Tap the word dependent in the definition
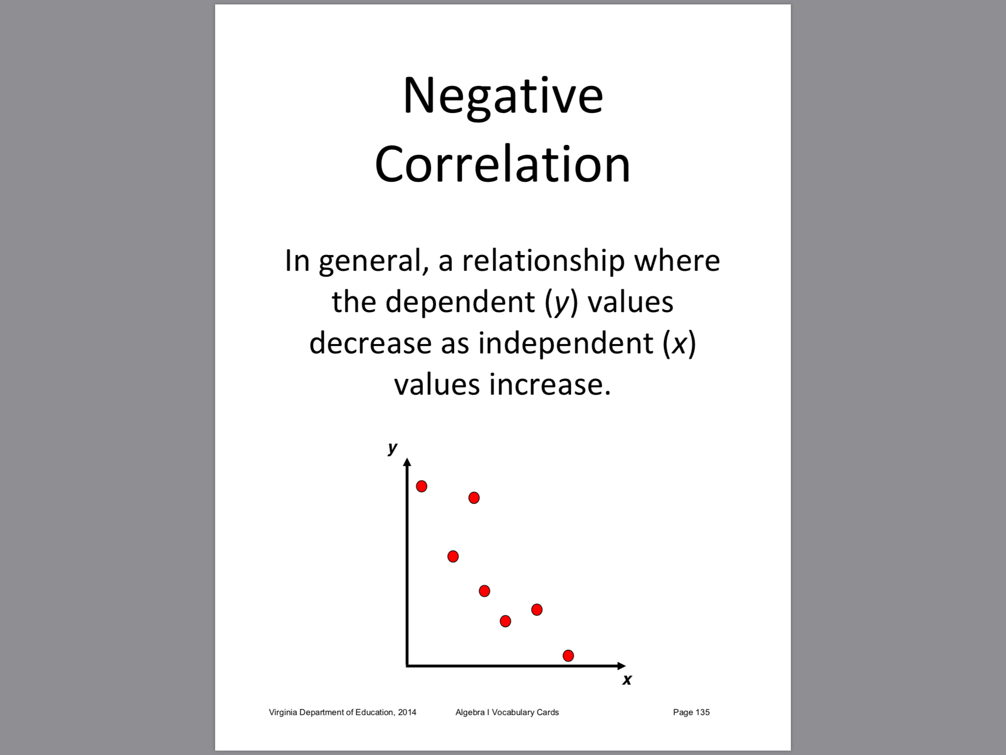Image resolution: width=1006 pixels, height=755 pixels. tap(460, 302)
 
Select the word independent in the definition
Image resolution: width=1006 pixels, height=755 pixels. tap(566, 343)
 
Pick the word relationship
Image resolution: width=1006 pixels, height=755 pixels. tap(543, 261)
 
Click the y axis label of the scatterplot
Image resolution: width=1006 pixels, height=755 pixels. tap(392, 448)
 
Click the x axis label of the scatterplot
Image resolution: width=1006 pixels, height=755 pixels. tap(627, 680)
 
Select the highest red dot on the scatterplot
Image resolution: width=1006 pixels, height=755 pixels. tap(421, 486)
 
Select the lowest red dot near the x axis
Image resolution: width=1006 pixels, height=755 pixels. tap(568, 656)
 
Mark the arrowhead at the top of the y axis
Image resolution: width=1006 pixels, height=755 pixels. tap(407, 462)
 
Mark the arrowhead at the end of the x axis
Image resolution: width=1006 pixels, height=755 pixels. tap(621, 666)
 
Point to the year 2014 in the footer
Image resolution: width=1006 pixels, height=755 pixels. tap(407, 712)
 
